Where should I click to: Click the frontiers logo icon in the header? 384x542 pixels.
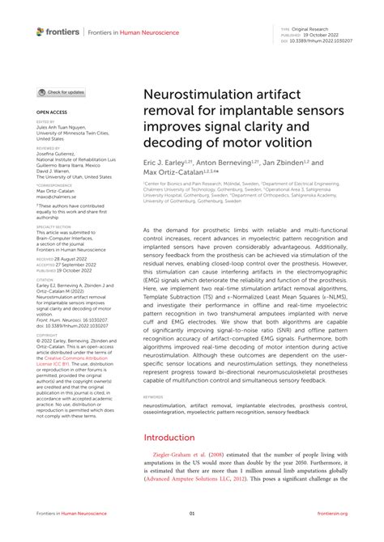pyautogui.click(x=40, y=31)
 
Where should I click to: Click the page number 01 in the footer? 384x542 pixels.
pyautogui.click(x=192, y=513)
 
